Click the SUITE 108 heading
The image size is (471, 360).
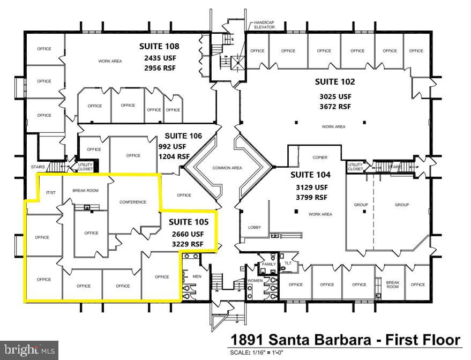pyautogui.click(x=159, y=46)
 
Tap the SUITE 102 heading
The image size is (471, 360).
pyautogui.click(x=334, y=82)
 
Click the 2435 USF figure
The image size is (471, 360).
pyautogui.click(x=159, y=58)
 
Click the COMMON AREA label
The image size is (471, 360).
pyautogui.click(x=227, y=168)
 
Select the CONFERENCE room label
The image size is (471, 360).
pyautogui.click(x=133, y=202)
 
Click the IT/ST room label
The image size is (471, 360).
pyautogui.click(x=51, y=192)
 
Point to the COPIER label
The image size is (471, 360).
pyautogui.click(x=320, y=157)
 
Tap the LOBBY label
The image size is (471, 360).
pyautogui.click(x=254, y=227)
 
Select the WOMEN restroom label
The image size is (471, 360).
pyautogui.click(x=254, y=281)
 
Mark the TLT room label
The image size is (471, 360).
pyautogui.click(x=287, y=263)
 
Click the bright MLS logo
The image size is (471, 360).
pyautogui.click(x=29, y=351)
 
